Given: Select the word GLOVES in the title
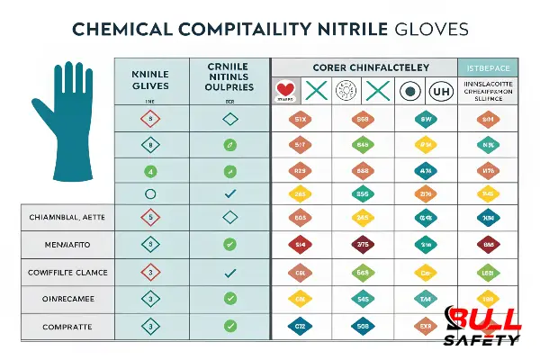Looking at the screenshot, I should (431, 29).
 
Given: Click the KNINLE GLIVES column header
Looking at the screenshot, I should (151, 80).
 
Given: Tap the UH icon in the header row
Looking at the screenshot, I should (440, 91).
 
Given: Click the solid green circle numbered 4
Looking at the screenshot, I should (151, 170).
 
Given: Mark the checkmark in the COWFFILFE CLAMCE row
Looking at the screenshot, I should (229, 272).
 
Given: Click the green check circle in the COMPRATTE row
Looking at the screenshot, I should (229, 325).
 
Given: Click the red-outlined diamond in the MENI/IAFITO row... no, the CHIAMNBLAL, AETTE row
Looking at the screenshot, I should (151, 216).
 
